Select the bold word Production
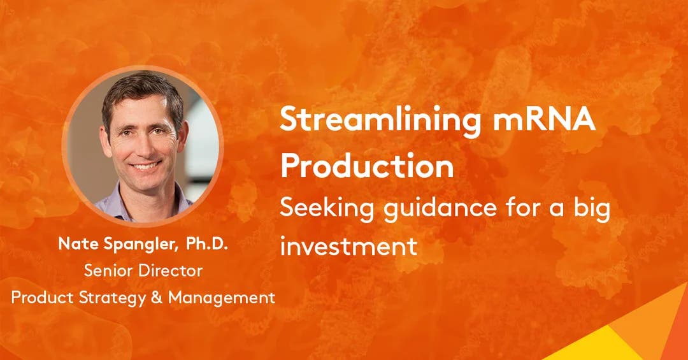(367, 166)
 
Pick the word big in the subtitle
(589, 209)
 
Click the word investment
(348, 245)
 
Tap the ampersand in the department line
(158, 297)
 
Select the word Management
(222, 297)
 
